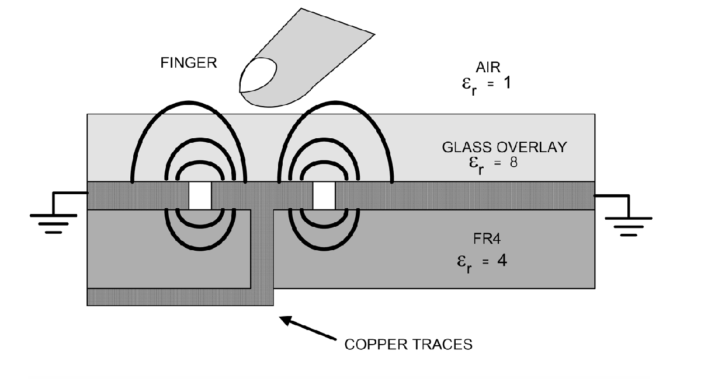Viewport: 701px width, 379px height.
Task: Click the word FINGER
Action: coord(189,63)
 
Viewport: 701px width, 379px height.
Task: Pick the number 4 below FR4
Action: coord(501,260)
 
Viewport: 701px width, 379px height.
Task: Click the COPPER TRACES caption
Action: coord(408,344)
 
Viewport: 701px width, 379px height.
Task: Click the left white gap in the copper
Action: coord(200,195)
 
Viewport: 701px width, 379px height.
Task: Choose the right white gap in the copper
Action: coord(324,195)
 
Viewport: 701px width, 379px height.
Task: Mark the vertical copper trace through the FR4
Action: coord(263,251)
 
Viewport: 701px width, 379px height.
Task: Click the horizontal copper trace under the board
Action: coord(175,297)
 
